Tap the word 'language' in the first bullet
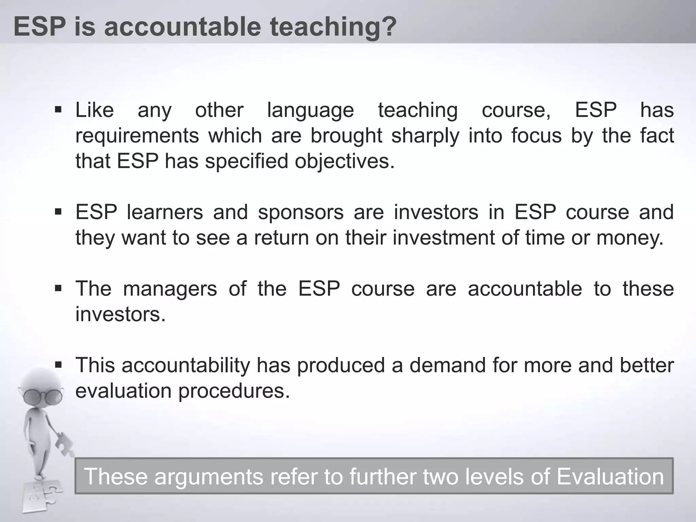(x=311, y=111)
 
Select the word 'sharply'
(x=425, y=136)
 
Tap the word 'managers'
(x=170, y=289)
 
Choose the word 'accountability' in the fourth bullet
(x=186, y=365)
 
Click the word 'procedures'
(x=234, y=391)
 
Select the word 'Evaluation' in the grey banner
(x=610, y=476)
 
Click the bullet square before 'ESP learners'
(x=58, y=212)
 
